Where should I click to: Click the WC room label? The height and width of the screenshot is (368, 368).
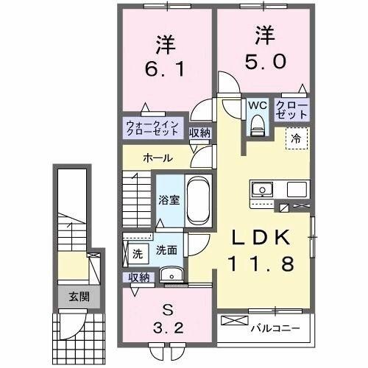point(257,105)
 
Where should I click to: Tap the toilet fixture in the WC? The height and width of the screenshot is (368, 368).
point(257,126)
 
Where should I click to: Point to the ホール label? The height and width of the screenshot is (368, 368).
point(158,158)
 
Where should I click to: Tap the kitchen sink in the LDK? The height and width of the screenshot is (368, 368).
point(263,190)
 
